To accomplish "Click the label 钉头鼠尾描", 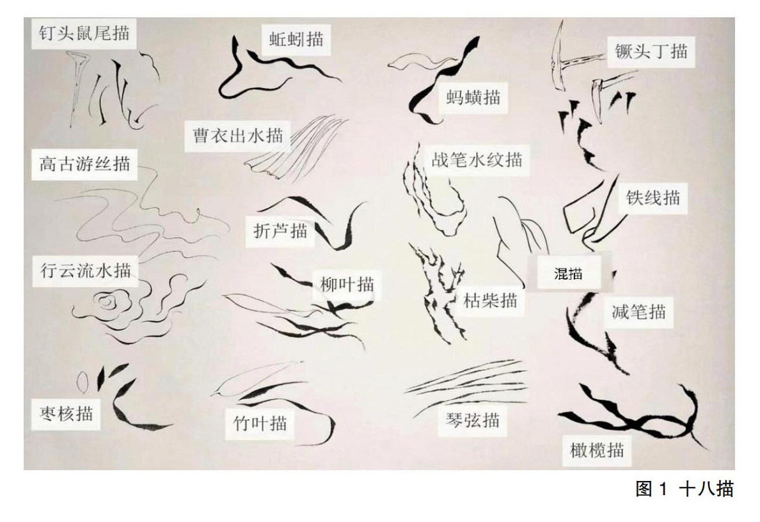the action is [84, 33].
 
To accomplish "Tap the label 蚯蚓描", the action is [296, 39].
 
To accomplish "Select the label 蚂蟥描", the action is [473, 97].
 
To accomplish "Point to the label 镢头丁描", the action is [651, 51].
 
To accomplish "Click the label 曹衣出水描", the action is [237, 135].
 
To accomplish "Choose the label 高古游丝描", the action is [85, 164].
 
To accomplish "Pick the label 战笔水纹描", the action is [477, 159].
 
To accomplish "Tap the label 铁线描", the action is [653, 197].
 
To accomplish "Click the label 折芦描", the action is [281, 231].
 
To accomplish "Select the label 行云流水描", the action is [85, 271].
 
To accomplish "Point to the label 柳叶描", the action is [347, 284].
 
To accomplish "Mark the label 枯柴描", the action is [491, 301].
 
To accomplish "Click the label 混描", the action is [568, 274].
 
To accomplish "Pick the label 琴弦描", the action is [473, 420].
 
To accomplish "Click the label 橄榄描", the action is [597, 450].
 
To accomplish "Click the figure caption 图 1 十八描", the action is [685, 489].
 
